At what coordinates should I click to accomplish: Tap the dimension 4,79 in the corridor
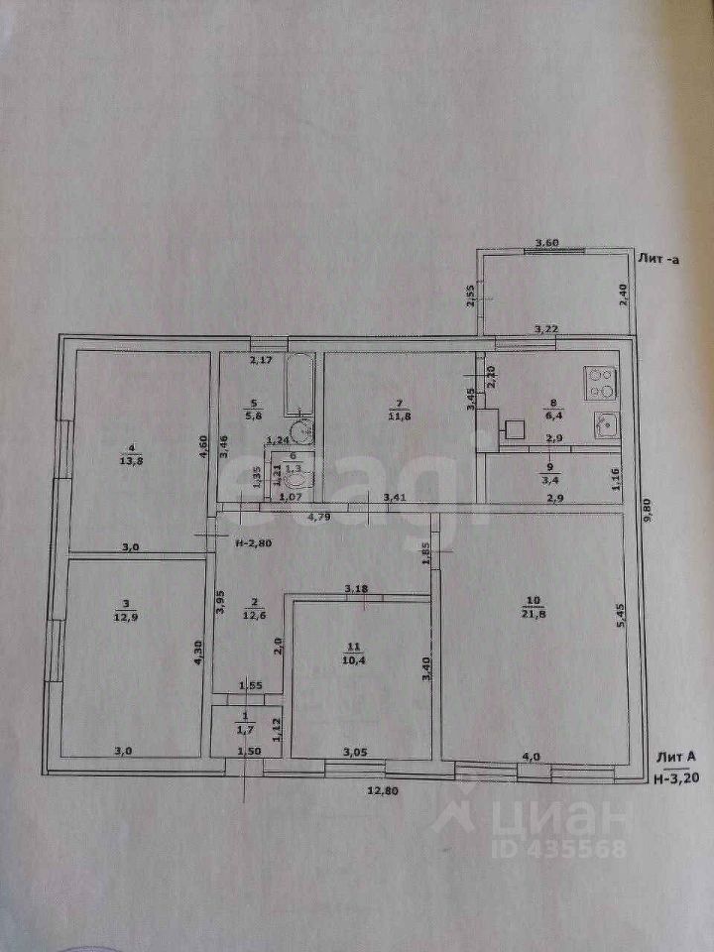[317, 516]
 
